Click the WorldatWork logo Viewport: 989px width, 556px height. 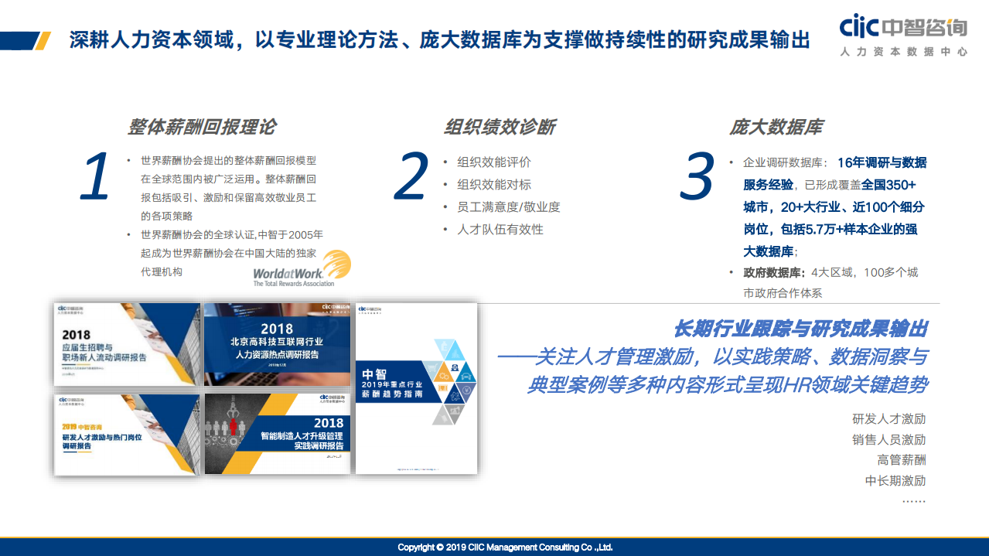pyautogui.click(x=302, y=268)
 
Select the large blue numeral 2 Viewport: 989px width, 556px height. pyautogui.click(x=411, y=177)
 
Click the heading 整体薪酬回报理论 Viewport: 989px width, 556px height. pyautogui.click(x=201, y=127)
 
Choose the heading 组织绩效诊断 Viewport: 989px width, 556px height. pyautogui.click(x=499, y=127)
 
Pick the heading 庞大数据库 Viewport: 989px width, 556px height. pyautogui.click(x=776, y=127)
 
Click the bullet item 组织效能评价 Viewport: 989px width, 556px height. pyautogui.click(x=494, y=162)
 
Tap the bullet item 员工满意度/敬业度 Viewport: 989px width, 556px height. pyautogui.click(x=508, y=207)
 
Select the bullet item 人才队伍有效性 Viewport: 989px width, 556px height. pyautogui.click(x=500, y=230)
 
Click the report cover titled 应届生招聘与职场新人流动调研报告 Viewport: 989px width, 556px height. pyautogui.click(x=127, y=344)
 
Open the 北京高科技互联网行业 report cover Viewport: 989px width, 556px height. pyautogui.click(x=278, y=344)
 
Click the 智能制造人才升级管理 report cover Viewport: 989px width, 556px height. pyautogui.click(x=278, y=433)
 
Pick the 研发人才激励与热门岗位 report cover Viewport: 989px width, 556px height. pyautogui.click(x=127, y=433)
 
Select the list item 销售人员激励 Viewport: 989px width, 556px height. pyautogui.click(x=888, y=440)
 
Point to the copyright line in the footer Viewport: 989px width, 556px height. pyautogui.click(x=505, y=547)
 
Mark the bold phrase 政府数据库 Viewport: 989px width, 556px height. pyautogui.click(x=771, y=273)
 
